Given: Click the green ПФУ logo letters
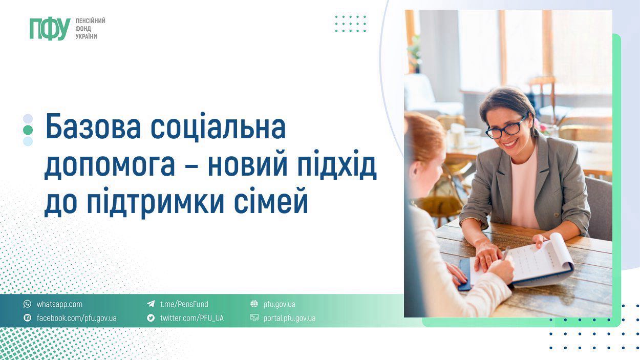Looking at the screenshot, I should coord(50,29).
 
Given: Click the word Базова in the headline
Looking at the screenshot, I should coord(93,128).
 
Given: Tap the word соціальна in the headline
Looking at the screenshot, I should coord(218,128).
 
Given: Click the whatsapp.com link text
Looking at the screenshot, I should coord(59,304).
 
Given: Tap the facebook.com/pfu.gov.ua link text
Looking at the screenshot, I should coord(76,318).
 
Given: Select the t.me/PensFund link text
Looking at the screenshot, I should coord(184,304).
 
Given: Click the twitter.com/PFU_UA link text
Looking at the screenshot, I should coord(191,318).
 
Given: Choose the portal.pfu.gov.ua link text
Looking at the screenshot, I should coord(289,318).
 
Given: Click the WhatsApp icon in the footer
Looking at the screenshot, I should coord(28,304).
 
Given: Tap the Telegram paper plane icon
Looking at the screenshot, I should coord(151,304).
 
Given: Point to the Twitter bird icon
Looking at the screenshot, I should coord(151,318).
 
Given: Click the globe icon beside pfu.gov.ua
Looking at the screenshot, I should coord(254,304).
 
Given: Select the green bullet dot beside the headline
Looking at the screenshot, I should coord(28,130).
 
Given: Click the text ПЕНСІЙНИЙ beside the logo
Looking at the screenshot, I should coord(90,20).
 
